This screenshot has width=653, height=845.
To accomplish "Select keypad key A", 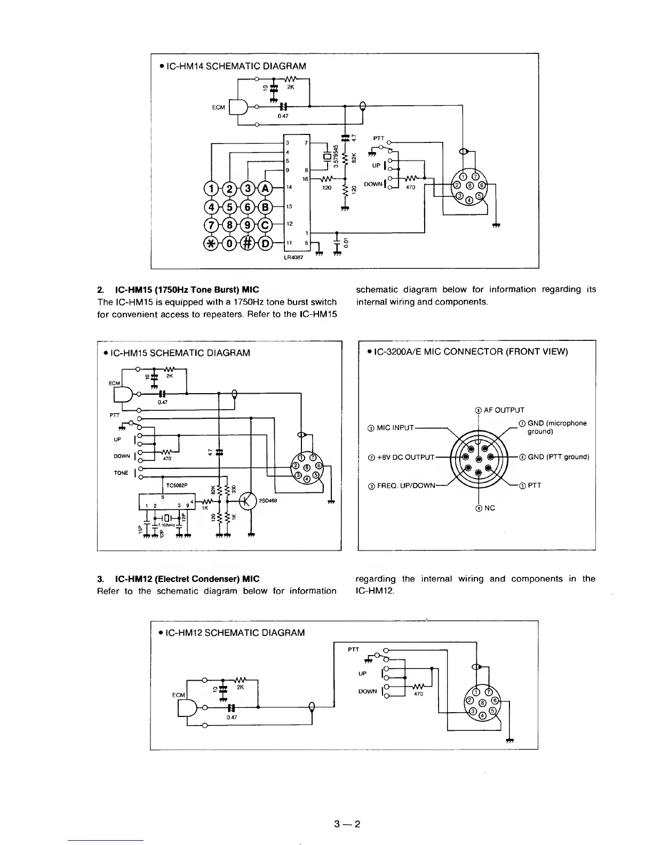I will coord(265,188).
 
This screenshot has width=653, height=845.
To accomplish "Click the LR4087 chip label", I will coord(293,257).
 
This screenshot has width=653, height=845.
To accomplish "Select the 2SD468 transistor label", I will coord(267,500).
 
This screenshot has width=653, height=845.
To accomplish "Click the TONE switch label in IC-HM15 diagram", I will coord(122,473).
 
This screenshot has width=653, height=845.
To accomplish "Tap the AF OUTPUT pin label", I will coord(499,410).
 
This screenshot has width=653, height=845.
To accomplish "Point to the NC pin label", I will coord(485,508).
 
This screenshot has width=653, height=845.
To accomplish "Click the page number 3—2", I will coord(347,824).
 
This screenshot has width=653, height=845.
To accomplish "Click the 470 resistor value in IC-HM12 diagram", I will coord(418,694).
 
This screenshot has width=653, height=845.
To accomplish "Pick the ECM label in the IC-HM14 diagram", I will coord(218,107).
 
